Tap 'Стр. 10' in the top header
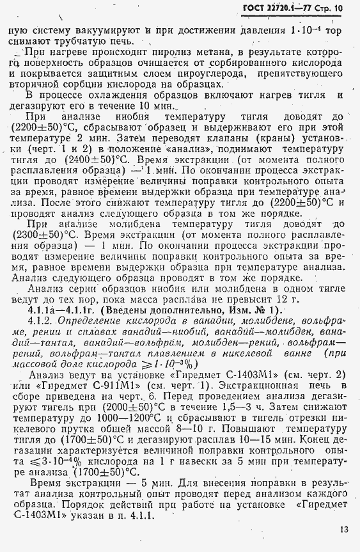[x=330, y=9]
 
